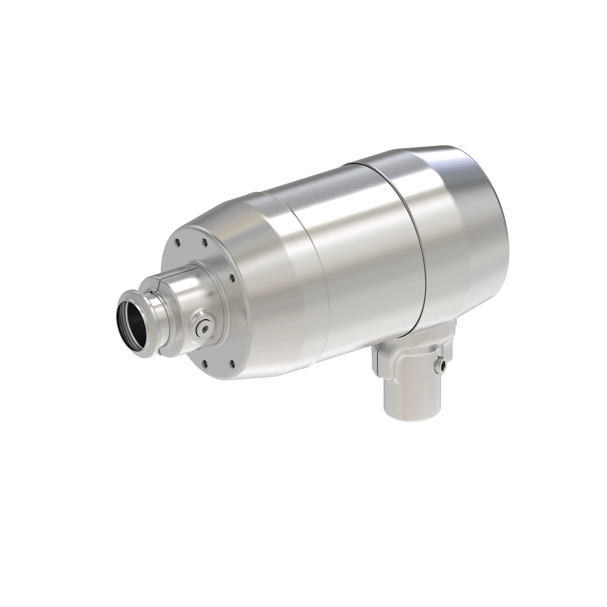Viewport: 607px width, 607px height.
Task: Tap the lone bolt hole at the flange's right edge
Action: click(x=231, y=277)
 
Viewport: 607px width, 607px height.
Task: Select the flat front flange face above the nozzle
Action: click(x=192, y=248)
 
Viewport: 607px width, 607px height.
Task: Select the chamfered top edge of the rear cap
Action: click(x=430, y=152)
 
